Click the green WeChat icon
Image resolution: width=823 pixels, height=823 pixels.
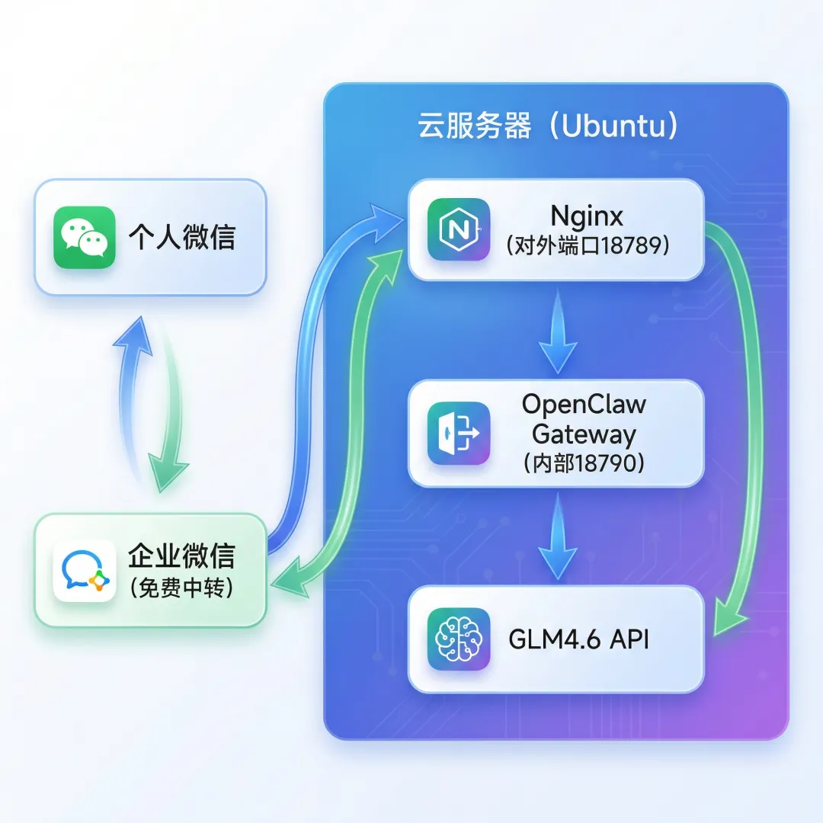coord(84,237)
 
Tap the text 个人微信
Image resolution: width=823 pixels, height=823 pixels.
coord(182,237)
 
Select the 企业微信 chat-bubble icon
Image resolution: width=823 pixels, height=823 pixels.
coord(84,572)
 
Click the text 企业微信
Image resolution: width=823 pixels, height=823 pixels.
coord(181,556)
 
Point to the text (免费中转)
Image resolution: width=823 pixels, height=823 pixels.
coord(181,588)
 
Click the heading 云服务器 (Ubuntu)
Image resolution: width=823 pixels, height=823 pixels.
coord(548,126)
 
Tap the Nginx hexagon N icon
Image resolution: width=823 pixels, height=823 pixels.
coord(459,229)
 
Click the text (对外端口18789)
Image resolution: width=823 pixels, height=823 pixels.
coord(587,247)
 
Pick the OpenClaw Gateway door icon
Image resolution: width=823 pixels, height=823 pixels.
coord(459,433)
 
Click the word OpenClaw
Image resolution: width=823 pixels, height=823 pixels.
coord(584,404)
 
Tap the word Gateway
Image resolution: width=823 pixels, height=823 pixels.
coord(584,434)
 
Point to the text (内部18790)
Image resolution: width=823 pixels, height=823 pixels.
coord(584,463)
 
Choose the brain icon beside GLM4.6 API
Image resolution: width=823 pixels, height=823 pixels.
coord(459,639)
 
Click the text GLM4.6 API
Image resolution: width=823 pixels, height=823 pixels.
coord(578,639)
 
